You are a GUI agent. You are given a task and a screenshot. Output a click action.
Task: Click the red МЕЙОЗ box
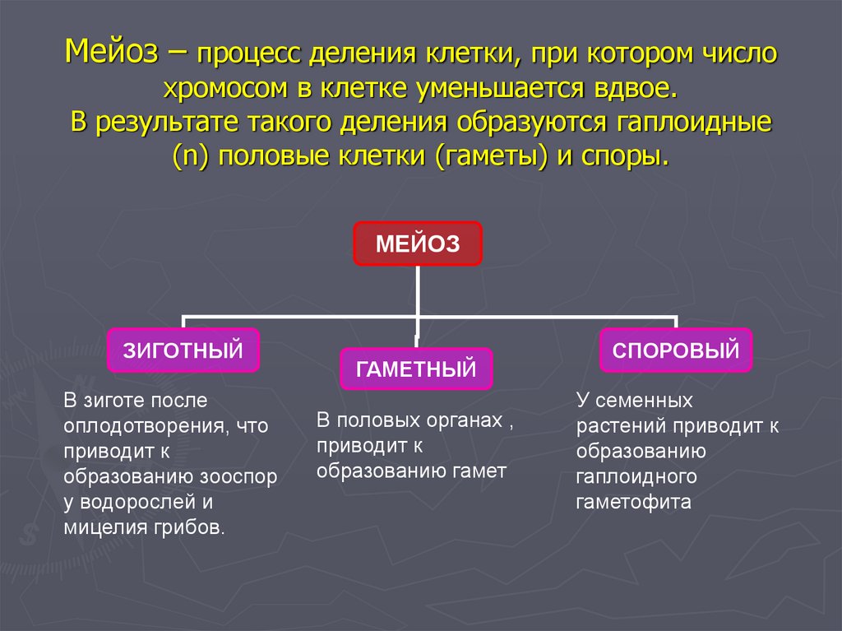(418, 244)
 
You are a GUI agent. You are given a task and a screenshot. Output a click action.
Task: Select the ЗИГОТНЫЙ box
(183, 350)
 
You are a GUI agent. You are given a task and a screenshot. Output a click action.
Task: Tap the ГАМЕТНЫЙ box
(416, 369)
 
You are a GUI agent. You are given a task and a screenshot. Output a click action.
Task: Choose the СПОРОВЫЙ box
(676, 350)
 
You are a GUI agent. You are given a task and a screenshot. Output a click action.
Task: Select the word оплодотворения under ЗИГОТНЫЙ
(141, 426)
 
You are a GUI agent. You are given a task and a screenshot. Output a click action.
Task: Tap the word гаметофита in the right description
(633, 502)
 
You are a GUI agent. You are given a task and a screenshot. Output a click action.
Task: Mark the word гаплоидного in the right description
(636, 476)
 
